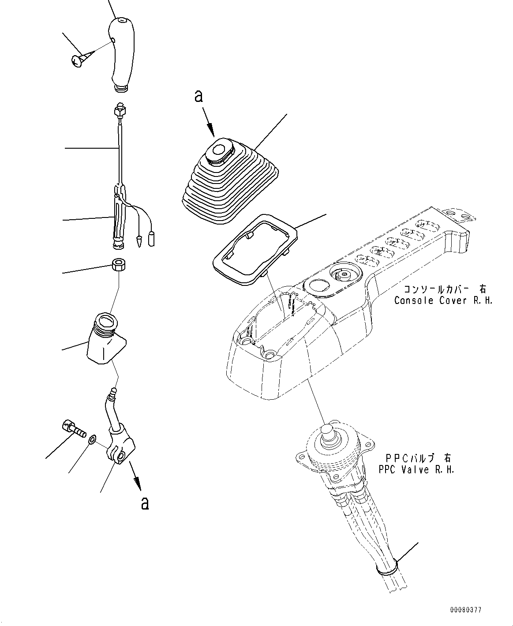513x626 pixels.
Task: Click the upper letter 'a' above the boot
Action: coord(199,96)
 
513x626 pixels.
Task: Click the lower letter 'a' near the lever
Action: coord(144,502)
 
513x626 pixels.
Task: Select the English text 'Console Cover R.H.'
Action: coord(443,300)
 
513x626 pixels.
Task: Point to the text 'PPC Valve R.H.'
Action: coord(416,469)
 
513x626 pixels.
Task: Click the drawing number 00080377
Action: coord(466,610)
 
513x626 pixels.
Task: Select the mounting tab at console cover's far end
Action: coord(459,215)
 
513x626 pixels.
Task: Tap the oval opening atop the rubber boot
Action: coord(218,150)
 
